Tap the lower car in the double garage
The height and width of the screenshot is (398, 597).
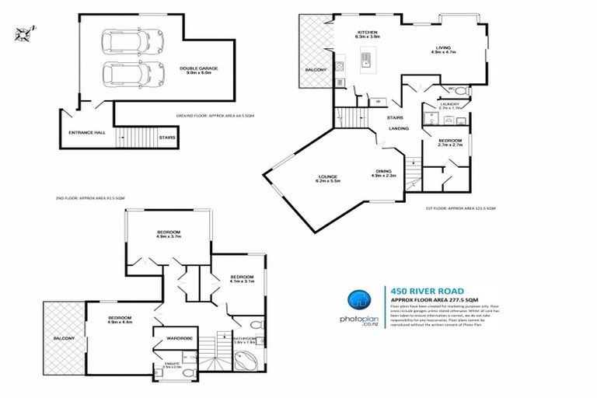pyautogui.click(x=120, y=75)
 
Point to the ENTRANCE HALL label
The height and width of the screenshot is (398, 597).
pyautogui.click(x=81, y=133)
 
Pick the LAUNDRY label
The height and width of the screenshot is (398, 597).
pyautogui.click(x=449, y=103)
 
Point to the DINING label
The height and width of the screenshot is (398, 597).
pyautogui.click(x=383, y=172)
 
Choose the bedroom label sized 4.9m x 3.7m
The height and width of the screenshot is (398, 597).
pyautogui.click(x=169, y=233)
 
